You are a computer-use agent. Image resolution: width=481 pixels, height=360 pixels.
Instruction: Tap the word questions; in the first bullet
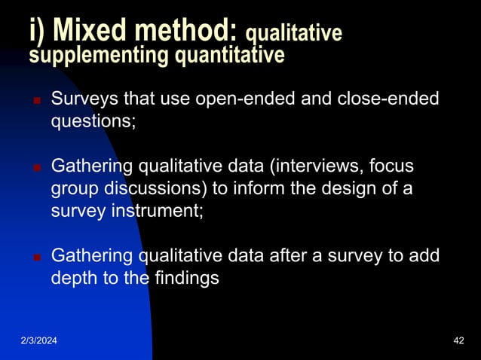coord(93,121)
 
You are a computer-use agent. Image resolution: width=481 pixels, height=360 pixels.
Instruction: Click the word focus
coord(392,166)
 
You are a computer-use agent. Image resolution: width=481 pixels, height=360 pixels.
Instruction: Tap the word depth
coord(72,277)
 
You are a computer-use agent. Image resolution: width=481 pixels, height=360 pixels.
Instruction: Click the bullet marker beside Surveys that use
coord(35,101)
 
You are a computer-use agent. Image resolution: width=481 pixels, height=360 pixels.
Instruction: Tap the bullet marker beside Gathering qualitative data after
coord(35,256)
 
